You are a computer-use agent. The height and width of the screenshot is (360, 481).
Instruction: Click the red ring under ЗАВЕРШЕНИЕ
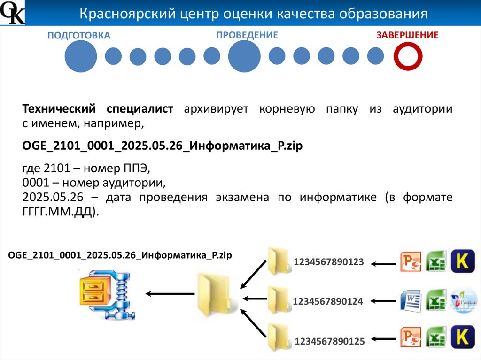(x=408, y=56)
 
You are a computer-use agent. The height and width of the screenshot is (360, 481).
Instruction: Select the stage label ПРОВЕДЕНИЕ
(x=247, y=35)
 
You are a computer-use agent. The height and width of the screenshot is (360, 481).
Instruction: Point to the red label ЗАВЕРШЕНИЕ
(x=407, y=35)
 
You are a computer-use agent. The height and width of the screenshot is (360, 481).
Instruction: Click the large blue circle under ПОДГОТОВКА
(x=80, y=56)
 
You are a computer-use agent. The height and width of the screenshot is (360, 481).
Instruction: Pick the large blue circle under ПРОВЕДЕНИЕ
(x=244, y=56)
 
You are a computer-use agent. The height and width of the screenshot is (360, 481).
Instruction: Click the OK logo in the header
(x=12, y=13)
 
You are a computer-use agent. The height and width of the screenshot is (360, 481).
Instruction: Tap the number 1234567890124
(x=328, y=302)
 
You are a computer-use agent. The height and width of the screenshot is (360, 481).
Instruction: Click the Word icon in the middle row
(x=411, y=301)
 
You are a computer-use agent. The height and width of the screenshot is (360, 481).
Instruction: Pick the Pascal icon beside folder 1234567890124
(x=462, y=301)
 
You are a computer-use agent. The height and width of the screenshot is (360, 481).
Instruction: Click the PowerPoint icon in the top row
(x=411, y=262)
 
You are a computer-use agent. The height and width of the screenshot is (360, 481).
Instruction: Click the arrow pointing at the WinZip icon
(x=170, y=294)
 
